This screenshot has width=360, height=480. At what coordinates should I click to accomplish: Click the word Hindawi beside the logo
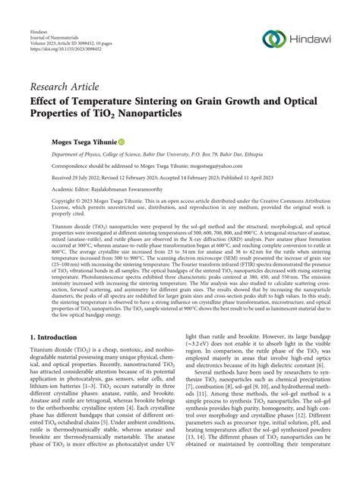311,39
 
